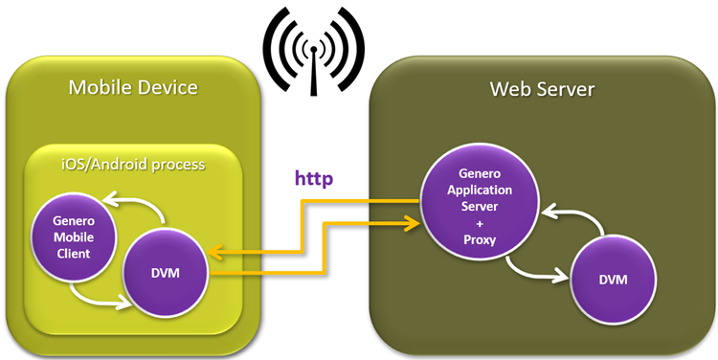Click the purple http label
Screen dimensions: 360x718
pos(315,179)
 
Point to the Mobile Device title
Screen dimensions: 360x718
pos(133,89)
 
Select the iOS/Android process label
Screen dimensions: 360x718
pos(133,164)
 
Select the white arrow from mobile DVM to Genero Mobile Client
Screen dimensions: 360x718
pos(134,204)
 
